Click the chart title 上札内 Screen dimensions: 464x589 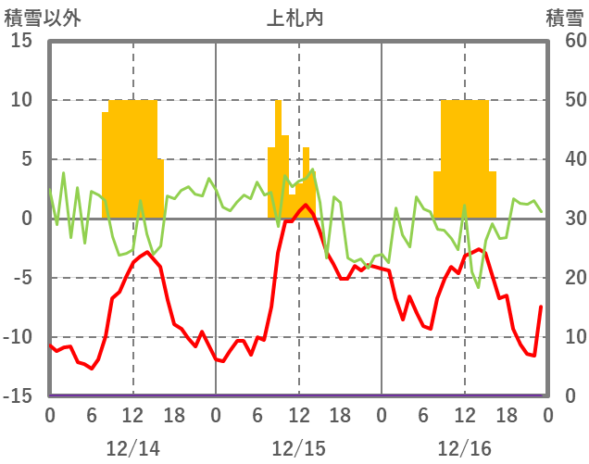click(294, 18)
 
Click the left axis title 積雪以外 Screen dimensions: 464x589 click(37, 18)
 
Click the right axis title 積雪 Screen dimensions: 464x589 click(564, 18)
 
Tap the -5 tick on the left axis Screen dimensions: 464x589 click(20, 278)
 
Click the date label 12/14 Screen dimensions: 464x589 click(132, 448)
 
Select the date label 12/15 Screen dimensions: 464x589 click(298, 448)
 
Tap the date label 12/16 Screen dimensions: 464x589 click(464, 448)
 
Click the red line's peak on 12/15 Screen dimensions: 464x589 click(306, 206)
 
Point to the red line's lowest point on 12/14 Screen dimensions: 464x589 click(91, 369)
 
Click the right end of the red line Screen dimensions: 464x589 click(541, 307)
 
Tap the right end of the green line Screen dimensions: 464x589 click(541, 211)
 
